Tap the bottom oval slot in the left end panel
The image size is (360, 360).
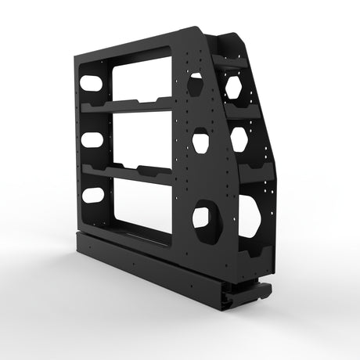click(93, 194)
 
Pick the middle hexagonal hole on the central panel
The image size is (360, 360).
click(201, 142)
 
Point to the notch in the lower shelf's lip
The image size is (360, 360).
click(147, 169)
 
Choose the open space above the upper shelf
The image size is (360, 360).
click(141, 78)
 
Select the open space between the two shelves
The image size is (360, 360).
click(141, 137)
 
